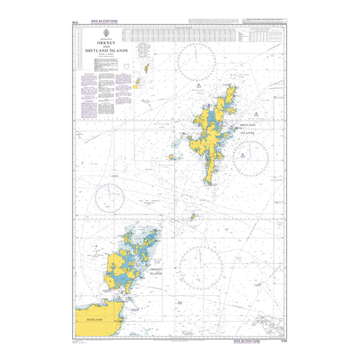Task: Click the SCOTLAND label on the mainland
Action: [95, 320]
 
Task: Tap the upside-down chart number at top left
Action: [76, 22]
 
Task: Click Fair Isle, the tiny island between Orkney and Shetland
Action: [193, 217]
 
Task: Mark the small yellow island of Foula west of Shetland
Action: [172, 157]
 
